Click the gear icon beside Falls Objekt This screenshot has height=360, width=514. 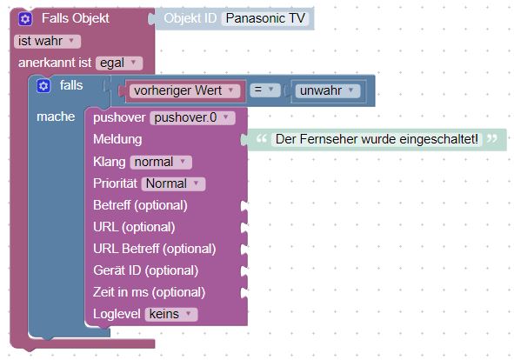coord(25,18)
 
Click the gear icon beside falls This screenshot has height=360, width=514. coord(43,86)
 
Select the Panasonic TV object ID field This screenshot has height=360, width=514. coord(265,18)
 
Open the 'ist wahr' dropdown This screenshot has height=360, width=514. coord(47,42)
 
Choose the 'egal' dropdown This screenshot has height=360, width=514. coord(119,63)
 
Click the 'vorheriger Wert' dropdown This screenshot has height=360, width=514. coord(184,90)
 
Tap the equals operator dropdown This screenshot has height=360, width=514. coord(265,90)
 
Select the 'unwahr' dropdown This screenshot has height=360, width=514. coord(328,90)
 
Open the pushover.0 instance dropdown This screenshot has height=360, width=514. coord(192,117)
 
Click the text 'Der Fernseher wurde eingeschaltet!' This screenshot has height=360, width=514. coord(377,139)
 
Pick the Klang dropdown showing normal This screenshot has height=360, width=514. coord(161,162)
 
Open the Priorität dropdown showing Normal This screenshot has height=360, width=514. coord(173,183)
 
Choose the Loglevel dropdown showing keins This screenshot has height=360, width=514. coord(171,314)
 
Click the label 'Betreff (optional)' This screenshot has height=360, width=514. coord(140,205)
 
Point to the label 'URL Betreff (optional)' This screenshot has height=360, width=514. coord(155,249)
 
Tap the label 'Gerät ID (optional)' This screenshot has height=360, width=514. coord(146,270)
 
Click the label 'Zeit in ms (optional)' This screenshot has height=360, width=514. coord(149,292)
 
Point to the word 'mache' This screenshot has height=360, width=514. coord(56,117)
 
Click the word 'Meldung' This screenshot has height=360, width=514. coord(117,139)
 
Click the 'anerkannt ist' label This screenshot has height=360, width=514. coord(55,63)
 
